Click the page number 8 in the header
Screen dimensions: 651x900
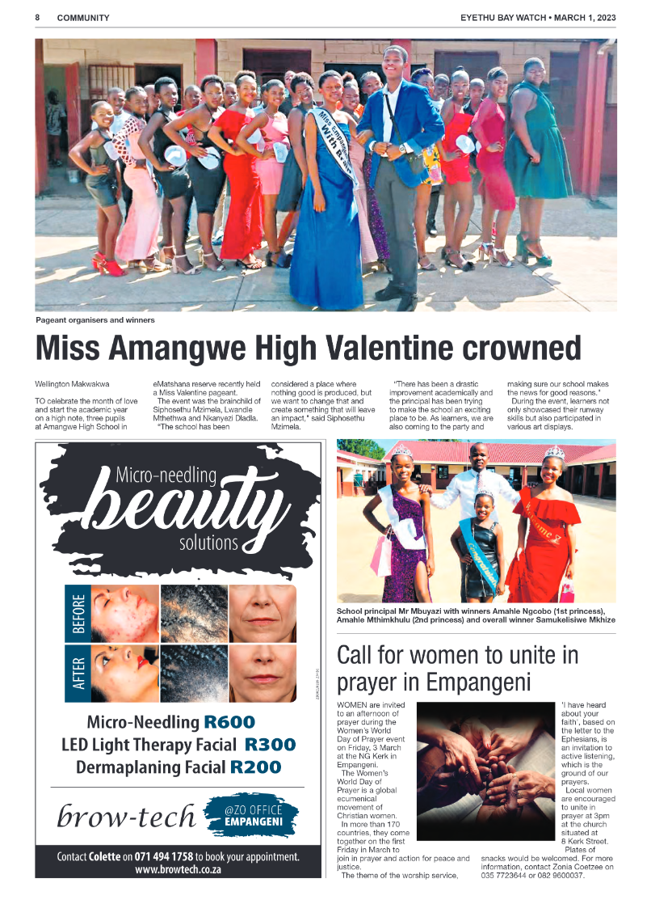coord(38,18)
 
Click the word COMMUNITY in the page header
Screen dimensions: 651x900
coord(84,18)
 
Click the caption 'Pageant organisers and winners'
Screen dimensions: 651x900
coord(94,320)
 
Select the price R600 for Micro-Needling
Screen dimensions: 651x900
coord(229,722)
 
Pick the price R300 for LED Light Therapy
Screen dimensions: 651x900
coord(270,745)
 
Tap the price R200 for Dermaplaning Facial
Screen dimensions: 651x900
coord(255,767)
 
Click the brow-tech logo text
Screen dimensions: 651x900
coord(126,816)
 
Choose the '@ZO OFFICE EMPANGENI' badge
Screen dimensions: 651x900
coord(253,814)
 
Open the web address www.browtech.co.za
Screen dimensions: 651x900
coord(178,870)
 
